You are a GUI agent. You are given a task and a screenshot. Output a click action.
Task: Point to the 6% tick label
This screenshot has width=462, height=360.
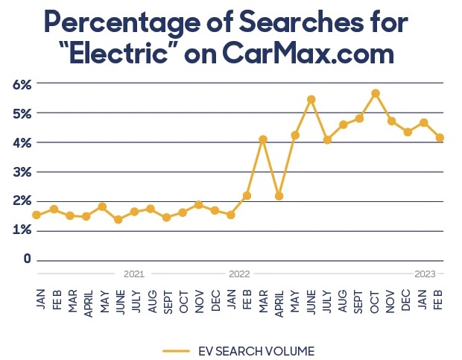pyautogui.click(x=22, y=84)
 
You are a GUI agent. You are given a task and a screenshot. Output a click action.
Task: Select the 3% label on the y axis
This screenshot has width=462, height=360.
pyautogui.click(x=22, y=171)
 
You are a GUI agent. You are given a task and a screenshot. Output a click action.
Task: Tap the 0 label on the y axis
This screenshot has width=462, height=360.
pyautogui.click(x=27, y=259)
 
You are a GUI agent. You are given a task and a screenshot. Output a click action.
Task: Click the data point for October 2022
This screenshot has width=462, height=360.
pyautogui.click(x=376, y=93)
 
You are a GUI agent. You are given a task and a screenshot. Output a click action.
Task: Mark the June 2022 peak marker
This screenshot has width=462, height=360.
pyautogui.click(x=311, y=99)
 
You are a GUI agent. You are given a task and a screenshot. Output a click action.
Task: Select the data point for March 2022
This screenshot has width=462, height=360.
pyautogui.click(x=262, y=139)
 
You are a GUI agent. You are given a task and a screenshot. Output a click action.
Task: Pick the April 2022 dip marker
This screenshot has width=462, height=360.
pyautogui.click(x=279, y=196)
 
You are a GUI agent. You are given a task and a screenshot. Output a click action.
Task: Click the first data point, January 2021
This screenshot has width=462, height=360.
pyautogui.click(x=37, y=215)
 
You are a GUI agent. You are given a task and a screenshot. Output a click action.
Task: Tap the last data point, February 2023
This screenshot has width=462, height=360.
pyautogui.click(x=440, y=137)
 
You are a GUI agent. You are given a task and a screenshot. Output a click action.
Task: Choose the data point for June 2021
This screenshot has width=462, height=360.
pyautogui.click(x=118, y=219)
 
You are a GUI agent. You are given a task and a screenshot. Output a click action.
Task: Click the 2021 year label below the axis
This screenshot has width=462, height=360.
pyautogui.click(x=133, y=274)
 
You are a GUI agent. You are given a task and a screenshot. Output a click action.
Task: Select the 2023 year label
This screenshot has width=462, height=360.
pyautogui.click(x=425, y=274)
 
